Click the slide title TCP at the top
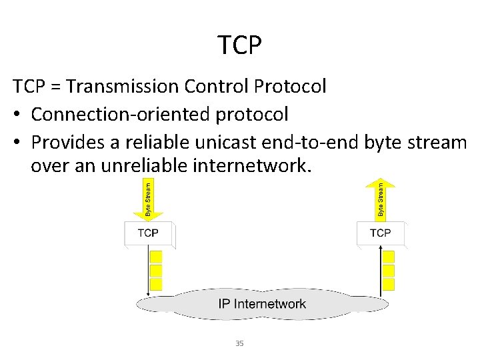pyautogui.click(x=240, y=45)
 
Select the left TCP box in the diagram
pyautogui.click(x=148, y=233)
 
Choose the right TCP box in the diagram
pyautogui.click(x=380, y=233)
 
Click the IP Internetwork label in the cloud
pyautogui.click(x=262, y=304)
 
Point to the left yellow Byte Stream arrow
pyautogui.click(x=148, y=197)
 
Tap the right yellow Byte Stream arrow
pyautogui.click(x=380, y=197)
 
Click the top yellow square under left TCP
pyautogui.click(x=156, y=257)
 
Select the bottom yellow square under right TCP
pyautogui.click(x=389, y=284)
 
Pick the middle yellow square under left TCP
pyautogui.click(x=156, y=271)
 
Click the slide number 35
pyautogui.click(x=240, y=343)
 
